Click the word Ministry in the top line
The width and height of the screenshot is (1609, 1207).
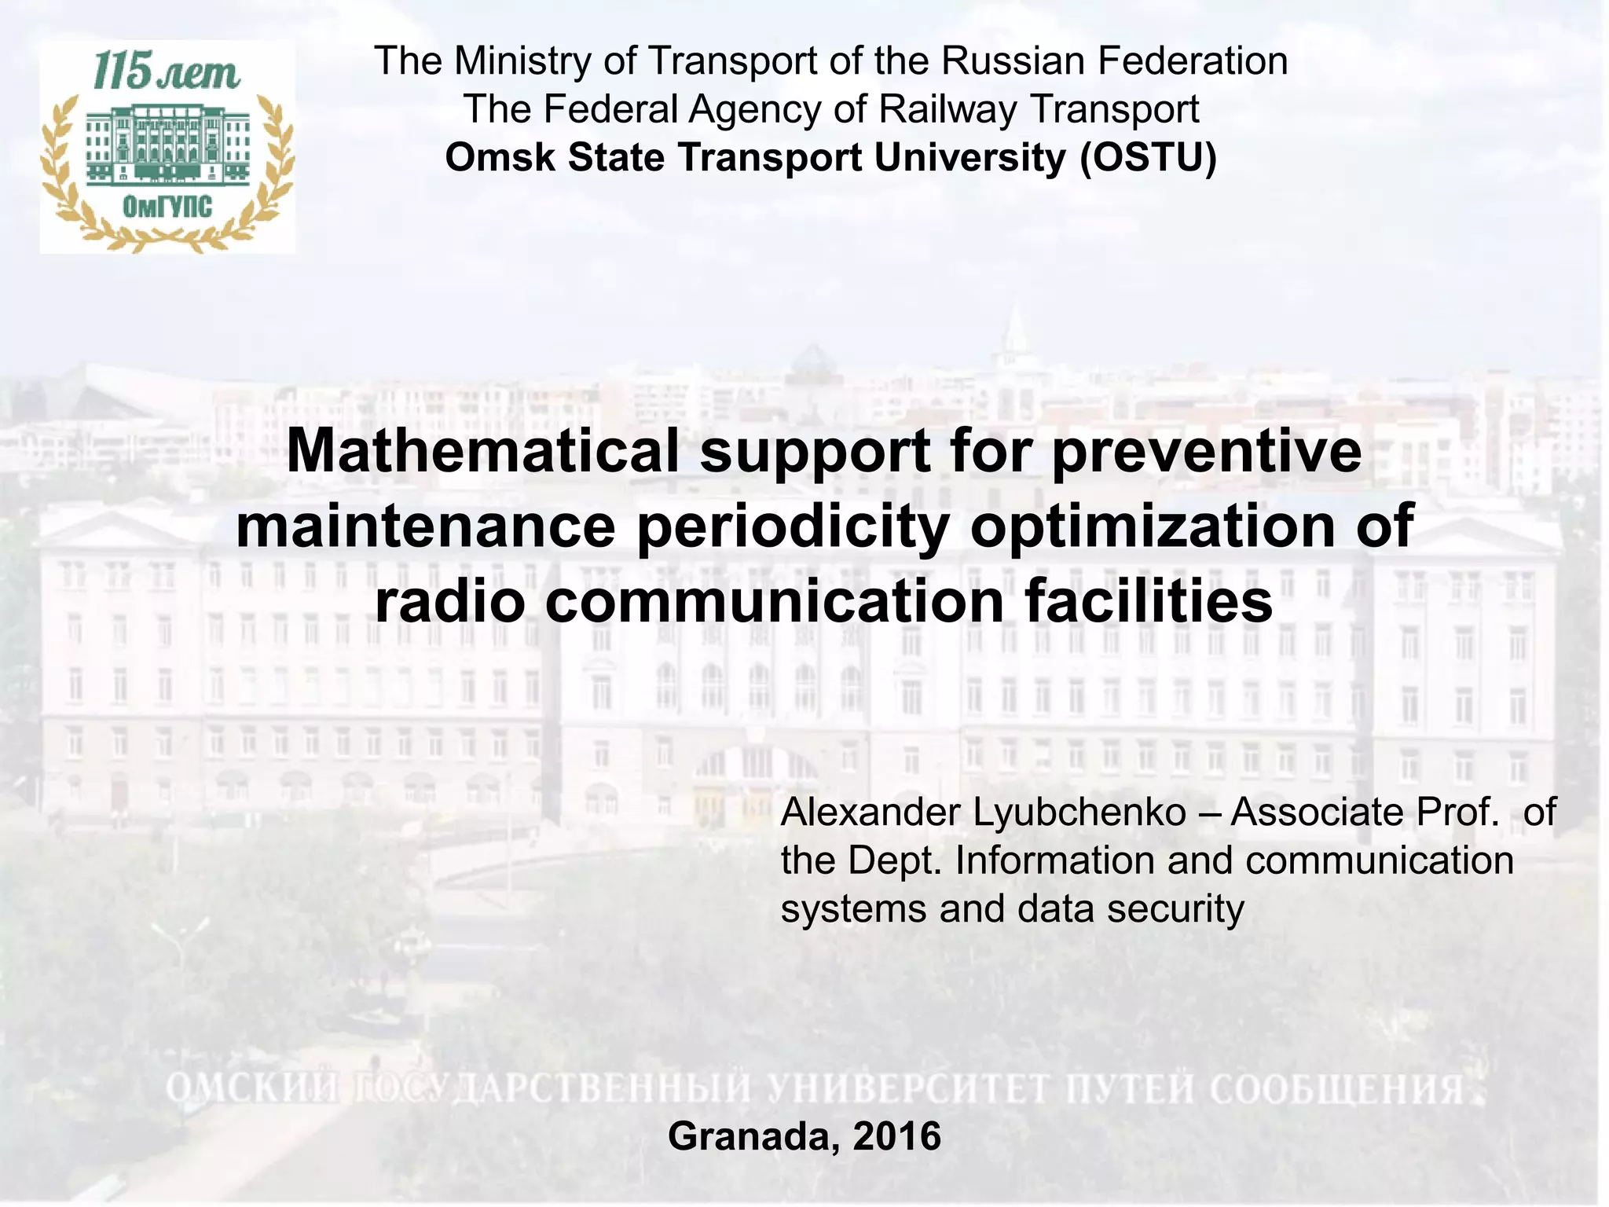(522, 61)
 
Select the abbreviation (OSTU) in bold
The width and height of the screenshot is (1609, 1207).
(1148, 157)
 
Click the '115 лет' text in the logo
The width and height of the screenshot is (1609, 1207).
(167, 72)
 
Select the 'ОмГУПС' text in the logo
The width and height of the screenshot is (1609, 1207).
(167, 207)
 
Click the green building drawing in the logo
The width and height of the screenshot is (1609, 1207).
(167, 145)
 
